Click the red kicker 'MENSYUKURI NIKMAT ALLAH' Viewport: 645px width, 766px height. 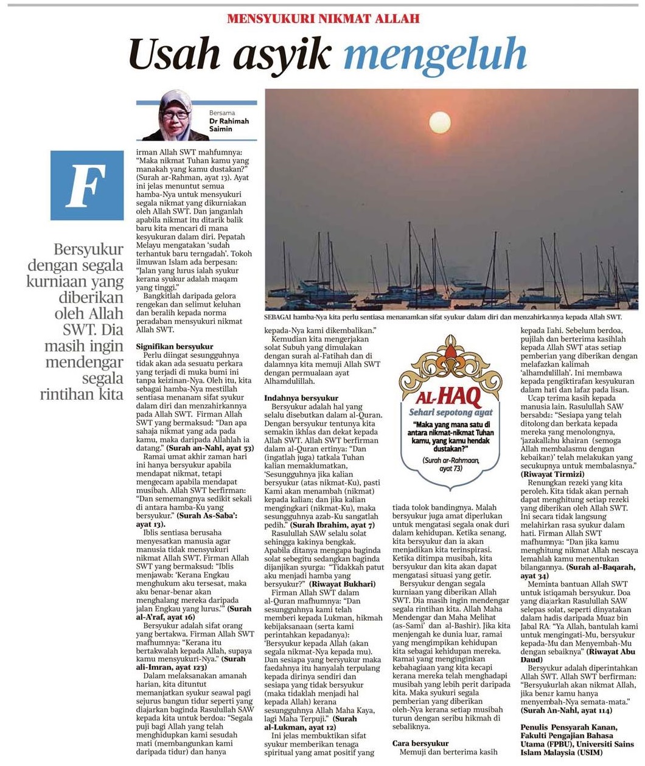(x=323, y=19)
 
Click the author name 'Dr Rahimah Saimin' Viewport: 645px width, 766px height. (x=229, y=125)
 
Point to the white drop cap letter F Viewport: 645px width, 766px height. (x=86, y=186)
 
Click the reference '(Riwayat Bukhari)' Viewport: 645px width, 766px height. (x=343, y=584)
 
